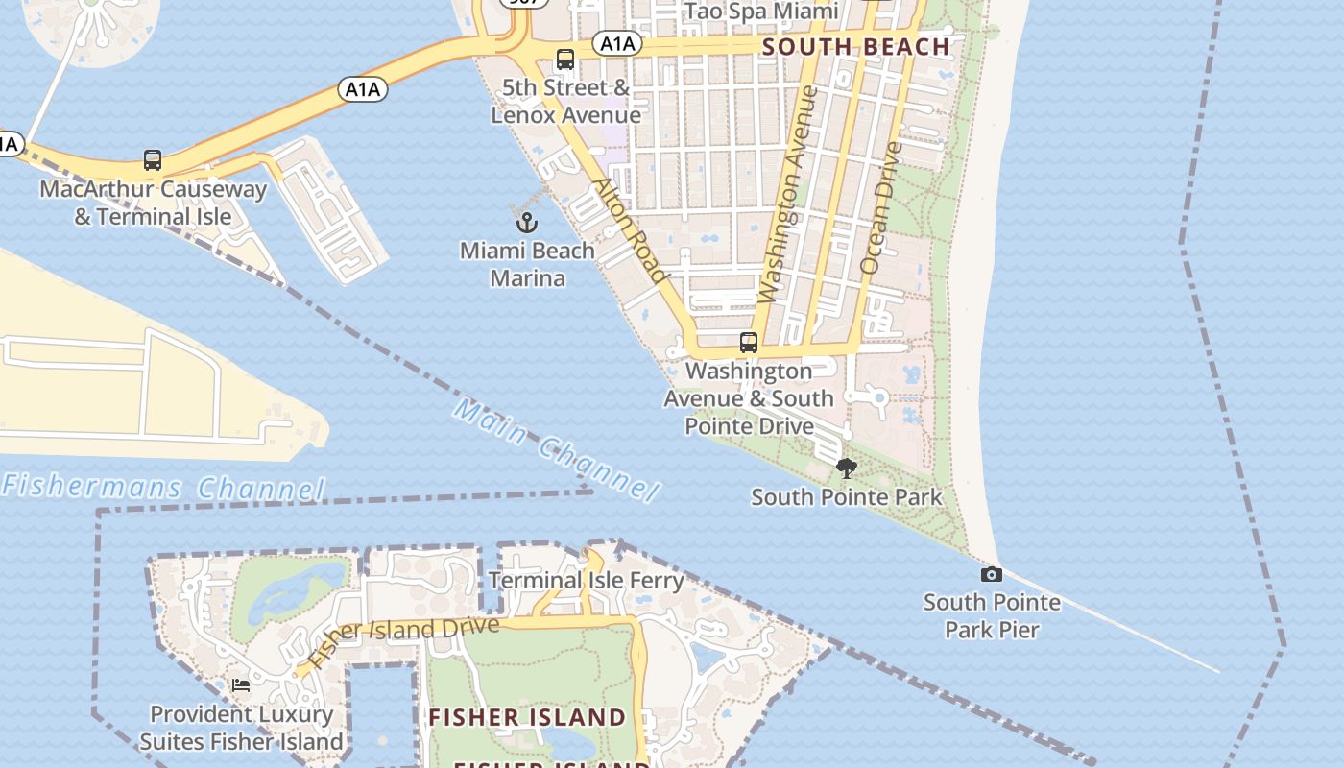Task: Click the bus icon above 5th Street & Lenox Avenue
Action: [x=565, y=60]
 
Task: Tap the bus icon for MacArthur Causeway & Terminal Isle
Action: [x=153, y=160]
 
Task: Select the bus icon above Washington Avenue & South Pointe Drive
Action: [x=748, y=343]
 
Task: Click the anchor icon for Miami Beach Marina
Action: [x=526, y=223]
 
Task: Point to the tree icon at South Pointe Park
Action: [x=846, y=468]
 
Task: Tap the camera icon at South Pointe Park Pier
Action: [x=991, y=574]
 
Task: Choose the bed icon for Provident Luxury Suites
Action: [x=240, y=685]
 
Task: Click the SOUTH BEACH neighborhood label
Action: [x=855, y=46]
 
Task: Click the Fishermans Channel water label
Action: [x=163, y=487]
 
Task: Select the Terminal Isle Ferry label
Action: [x=586, y=580]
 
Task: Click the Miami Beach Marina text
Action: [x=527, y=264]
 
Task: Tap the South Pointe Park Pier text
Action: [x=992, y=616]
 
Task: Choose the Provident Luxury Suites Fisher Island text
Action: [x=241, y=728]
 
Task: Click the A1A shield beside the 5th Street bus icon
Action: [x=616, y=43]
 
